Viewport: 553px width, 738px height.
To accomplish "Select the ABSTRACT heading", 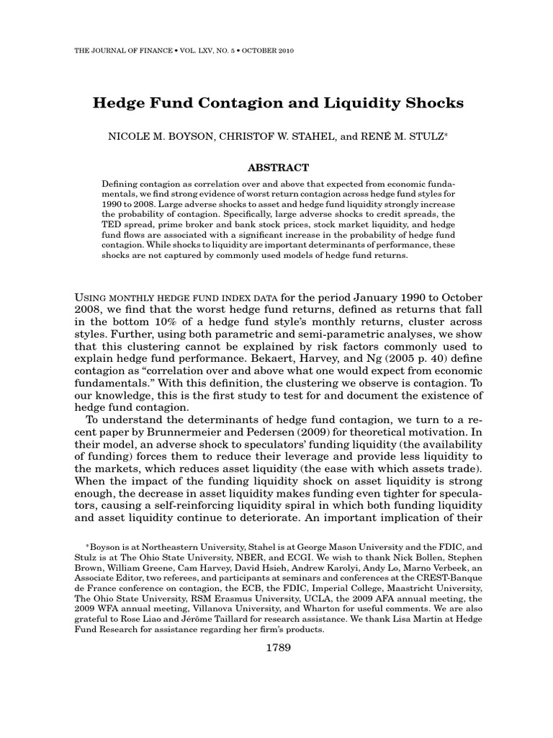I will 276,166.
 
